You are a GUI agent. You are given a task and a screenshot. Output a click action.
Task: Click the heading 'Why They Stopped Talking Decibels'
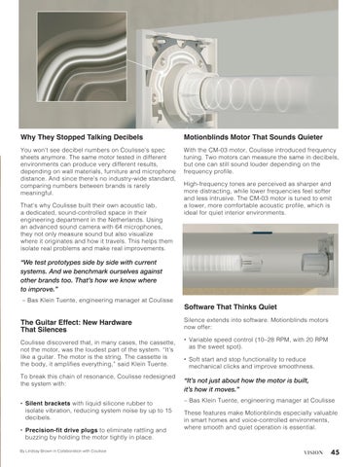[82, 137]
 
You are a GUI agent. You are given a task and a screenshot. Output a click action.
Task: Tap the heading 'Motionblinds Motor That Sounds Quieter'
[253, 137]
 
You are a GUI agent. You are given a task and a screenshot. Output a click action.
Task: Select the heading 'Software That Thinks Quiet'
[231, 306]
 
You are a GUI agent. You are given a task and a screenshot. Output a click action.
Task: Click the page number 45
[336, 452]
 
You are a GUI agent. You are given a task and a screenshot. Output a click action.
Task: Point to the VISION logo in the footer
[313, 452]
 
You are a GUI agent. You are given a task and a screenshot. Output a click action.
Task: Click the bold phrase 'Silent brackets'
[48, 404]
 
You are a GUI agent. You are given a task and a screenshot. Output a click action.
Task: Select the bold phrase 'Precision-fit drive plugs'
[61, 430]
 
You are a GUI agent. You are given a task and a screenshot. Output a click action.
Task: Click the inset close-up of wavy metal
[82, 56]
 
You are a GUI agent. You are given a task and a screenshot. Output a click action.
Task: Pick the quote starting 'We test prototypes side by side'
[91, 275]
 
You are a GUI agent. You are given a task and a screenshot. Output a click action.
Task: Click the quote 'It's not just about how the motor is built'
[246, 384]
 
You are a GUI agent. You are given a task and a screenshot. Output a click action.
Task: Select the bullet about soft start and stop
[249, 363]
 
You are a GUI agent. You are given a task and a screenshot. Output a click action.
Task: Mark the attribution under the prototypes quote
[97, 301]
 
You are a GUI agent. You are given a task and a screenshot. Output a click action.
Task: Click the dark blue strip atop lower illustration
[262, 233]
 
